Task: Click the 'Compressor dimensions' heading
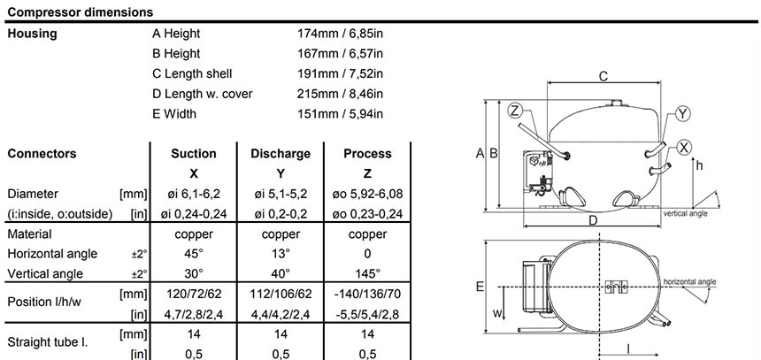point(80,12)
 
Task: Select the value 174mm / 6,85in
point(339,34)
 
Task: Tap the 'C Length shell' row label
point(192,73)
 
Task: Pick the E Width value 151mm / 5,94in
point(339,114)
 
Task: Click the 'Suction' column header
point(193,154)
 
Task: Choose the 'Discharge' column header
point(280,154)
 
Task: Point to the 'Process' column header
point(367,154)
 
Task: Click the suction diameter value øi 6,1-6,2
point(193,194)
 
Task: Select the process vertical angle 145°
point(367,273)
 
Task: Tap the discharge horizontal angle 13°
point(281,254)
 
